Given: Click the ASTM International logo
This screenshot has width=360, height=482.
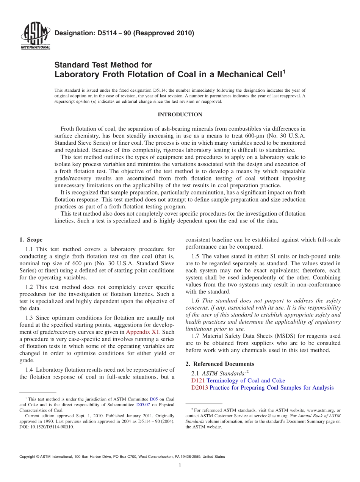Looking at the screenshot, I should pyautogui.click(x=35, y=36).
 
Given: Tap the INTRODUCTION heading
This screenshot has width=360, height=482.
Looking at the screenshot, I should pyautogui.click(x=180, y=114).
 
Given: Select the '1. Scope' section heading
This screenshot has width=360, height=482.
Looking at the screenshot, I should pyautogui.click(x=31, y=239).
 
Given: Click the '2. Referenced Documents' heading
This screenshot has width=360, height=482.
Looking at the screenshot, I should pyautogui.click(x=220, y=364).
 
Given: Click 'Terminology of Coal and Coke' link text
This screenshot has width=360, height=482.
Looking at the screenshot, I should pyautogui.click(x=246, y=380).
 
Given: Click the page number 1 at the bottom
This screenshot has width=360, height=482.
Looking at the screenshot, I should pyautogui.click(x=180, y=466).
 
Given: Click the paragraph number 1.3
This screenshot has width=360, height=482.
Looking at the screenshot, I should pyautogui.click(x=30, y=318).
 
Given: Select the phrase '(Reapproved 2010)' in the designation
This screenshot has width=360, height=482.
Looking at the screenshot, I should pyautogui.click(x=165, y=33).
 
